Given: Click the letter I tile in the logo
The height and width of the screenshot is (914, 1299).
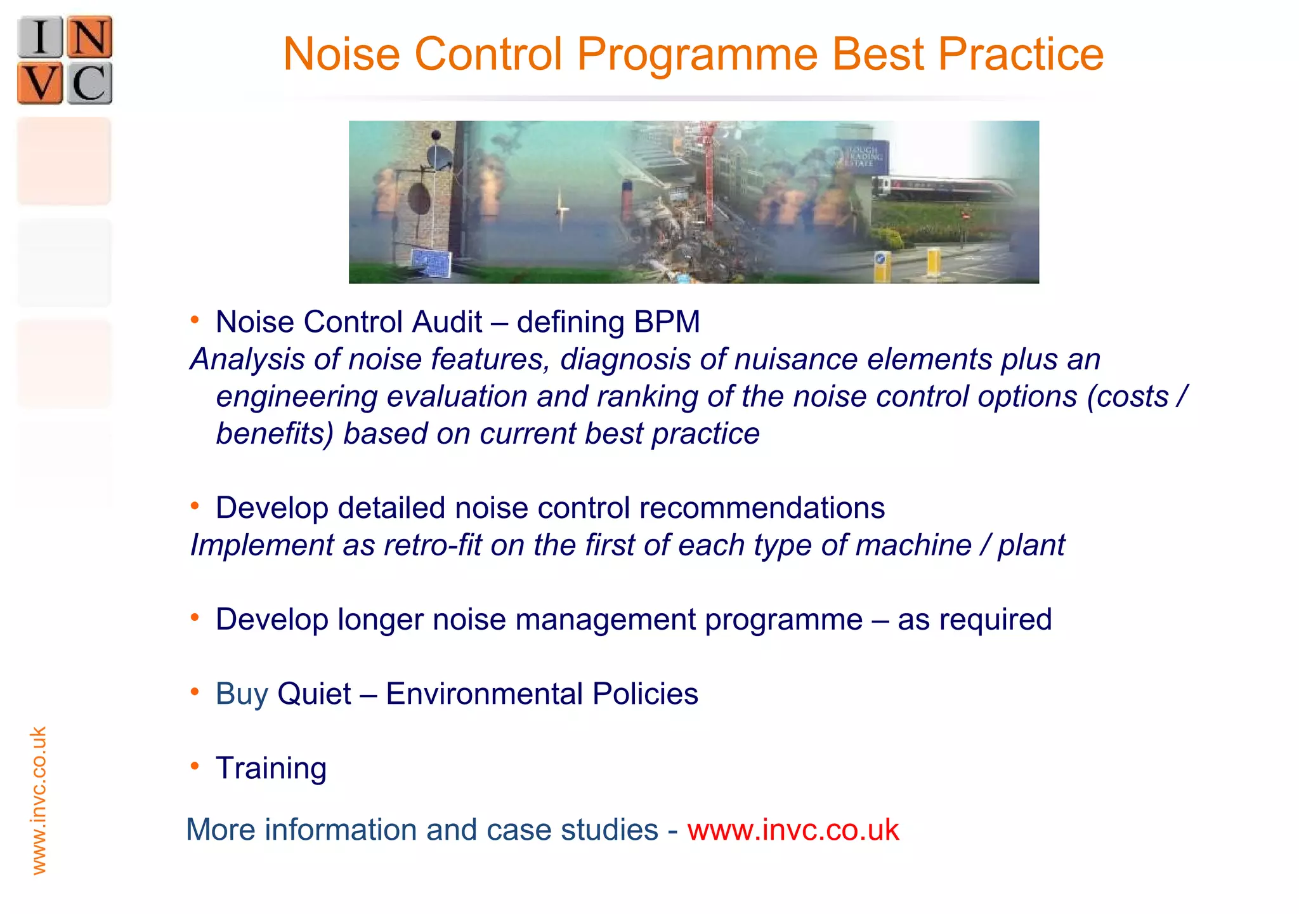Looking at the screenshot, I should click(40, 37).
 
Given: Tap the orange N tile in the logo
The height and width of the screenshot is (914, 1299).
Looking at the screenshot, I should click(89, 37).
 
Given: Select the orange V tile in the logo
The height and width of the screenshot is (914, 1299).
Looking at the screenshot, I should click(40, 83).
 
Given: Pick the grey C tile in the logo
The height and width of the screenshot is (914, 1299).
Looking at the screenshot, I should click(89, 83).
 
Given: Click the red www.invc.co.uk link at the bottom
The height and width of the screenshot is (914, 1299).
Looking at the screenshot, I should click(793, 830).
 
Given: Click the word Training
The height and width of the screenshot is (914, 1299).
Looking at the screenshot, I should click(271, 768).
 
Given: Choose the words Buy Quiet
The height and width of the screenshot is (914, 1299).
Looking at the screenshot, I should click(283, 694).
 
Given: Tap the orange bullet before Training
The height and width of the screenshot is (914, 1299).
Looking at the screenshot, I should click(195, 766).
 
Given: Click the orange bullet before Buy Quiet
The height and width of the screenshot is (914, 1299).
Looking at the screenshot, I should click(195, 692).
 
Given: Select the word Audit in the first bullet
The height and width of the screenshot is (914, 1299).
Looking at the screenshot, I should click(447, 322).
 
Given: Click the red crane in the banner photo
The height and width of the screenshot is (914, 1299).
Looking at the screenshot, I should click(708, 171).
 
